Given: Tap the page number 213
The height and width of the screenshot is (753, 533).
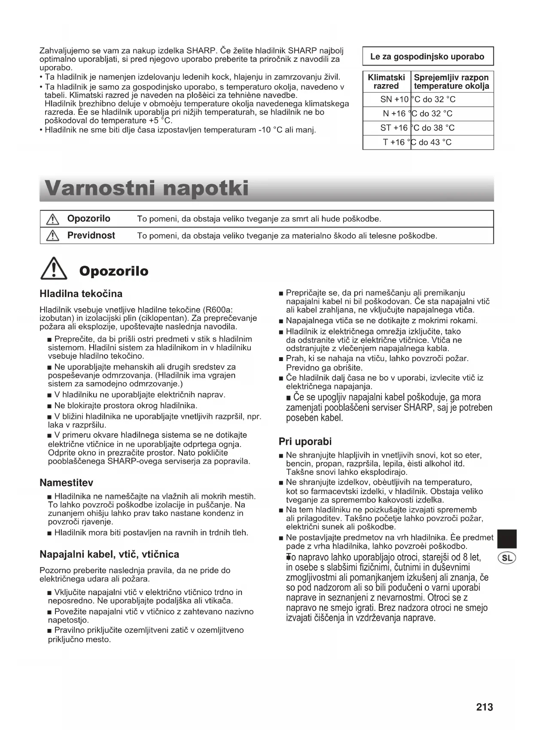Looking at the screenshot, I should pyautogui.click(x=484, y=707).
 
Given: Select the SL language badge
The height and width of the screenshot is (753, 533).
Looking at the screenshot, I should pyautogui.click(x=507, y=558).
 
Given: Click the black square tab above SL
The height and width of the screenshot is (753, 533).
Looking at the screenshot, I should pyautogui.click(x=507, y=539).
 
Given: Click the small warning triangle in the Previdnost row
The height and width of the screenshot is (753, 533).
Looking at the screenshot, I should pyautogui.click(x=52, y=236).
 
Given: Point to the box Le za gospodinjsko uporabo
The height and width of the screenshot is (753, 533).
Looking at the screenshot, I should pyautogui.click(x=428, y=57).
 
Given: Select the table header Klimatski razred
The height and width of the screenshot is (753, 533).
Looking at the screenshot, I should pyautogui.click(x=386, y=82).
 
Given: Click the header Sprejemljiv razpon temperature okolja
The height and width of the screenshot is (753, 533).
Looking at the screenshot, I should pyautogui.click(x=451, y=82).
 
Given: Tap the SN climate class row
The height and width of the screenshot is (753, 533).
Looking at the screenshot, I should pyautogui.click(x=428, y=100).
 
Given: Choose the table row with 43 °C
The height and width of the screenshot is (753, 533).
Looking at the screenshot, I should pyautogui.click(x=428, y=143).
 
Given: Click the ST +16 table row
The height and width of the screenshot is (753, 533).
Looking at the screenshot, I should pyautogui.click(x=428, y=128).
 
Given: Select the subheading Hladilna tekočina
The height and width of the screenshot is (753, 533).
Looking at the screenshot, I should pyautogui.click(x=81, y=294).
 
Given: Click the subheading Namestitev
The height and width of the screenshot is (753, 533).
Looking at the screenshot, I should pyautogui.click(x=66, y=483).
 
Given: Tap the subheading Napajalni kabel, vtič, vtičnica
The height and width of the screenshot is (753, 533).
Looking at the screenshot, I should pyautogui.click(x=109, y=554).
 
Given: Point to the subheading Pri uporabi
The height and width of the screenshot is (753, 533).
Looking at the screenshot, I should pyautogui.click(x=305, y=441).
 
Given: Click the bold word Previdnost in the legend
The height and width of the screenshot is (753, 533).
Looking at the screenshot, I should pyautogui.click(x=91, y=236).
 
